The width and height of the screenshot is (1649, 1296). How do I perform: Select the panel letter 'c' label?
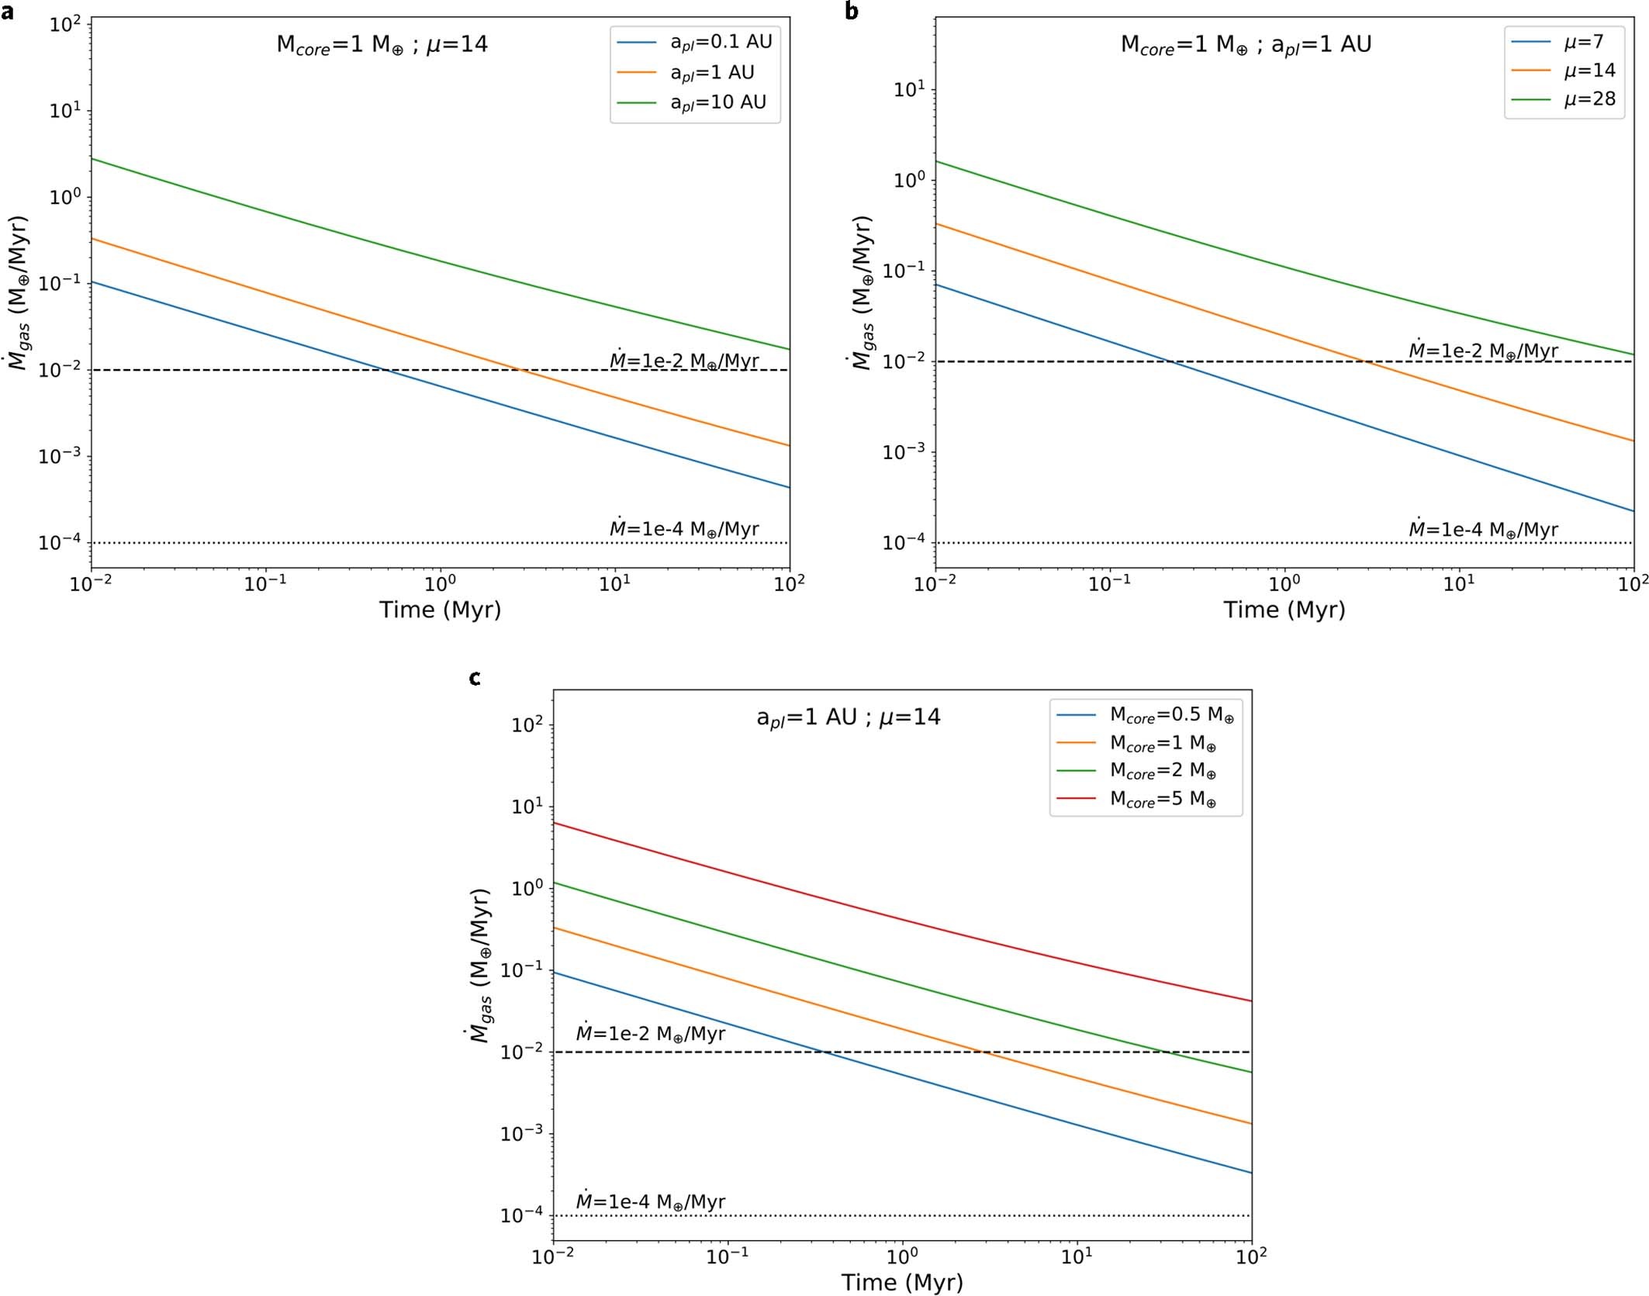tap(475, 679)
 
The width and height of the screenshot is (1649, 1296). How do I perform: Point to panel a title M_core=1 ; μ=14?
tap(382, 44)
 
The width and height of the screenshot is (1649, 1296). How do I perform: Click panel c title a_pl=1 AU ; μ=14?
tap(848, 717)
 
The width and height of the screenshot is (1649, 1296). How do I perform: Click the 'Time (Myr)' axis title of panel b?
tap(1284, 610)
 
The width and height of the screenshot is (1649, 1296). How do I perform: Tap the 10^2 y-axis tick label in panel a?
tap(65, 25)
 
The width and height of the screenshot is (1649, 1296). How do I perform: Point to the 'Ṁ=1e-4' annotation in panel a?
tap(683, 529)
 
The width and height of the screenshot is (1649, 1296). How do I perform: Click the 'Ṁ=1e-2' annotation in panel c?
tap(650, 1034)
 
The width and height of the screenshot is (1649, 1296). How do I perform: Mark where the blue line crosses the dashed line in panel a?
tap(385, 370)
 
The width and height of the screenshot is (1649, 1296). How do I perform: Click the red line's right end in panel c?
tap(1250, 1001)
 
